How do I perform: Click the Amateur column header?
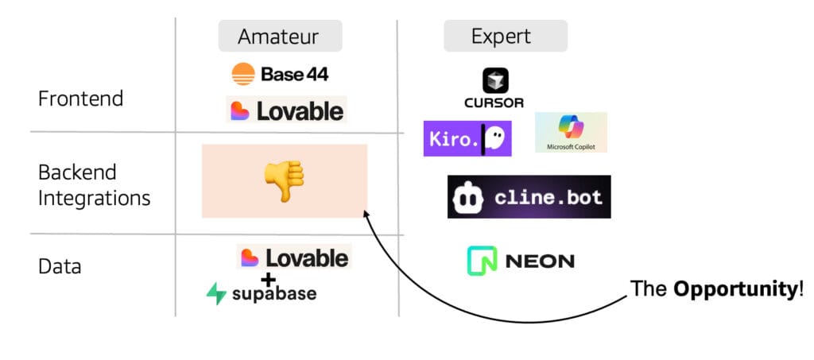(280, 37)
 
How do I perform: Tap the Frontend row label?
(80, 99)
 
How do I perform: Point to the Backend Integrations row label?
(94, 184)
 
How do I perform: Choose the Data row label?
(60, 266)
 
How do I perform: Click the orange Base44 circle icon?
(243, 74)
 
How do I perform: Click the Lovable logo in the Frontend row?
(286, 110)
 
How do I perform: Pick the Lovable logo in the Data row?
(293, 257)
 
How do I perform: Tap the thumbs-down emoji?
(284, 180)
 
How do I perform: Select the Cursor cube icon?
(494, 80)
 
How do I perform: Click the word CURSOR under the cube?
(494, 103)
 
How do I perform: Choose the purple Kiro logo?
(467, 138)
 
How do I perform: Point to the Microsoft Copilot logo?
(571, 131)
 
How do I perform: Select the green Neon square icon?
(482, 261)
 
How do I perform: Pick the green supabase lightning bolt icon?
(216, 294)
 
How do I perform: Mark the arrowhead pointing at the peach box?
(365, 213)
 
